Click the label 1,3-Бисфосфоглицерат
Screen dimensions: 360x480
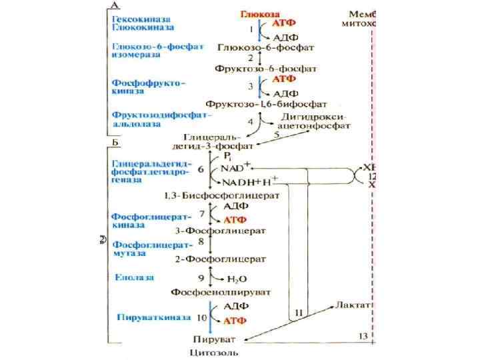pyautogui.click(x=221, y=196)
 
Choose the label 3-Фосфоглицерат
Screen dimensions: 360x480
pyautogui.click(x=220, y=231)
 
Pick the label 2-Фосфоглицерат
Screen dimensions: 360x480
pyautogui.click(x=220, y=258)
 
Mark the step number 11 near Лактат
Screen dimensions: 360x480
pyautogui.click(x=299, y=313)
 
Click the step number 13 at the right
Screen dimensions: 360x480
pyautogui.click(x=362, y=335)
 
